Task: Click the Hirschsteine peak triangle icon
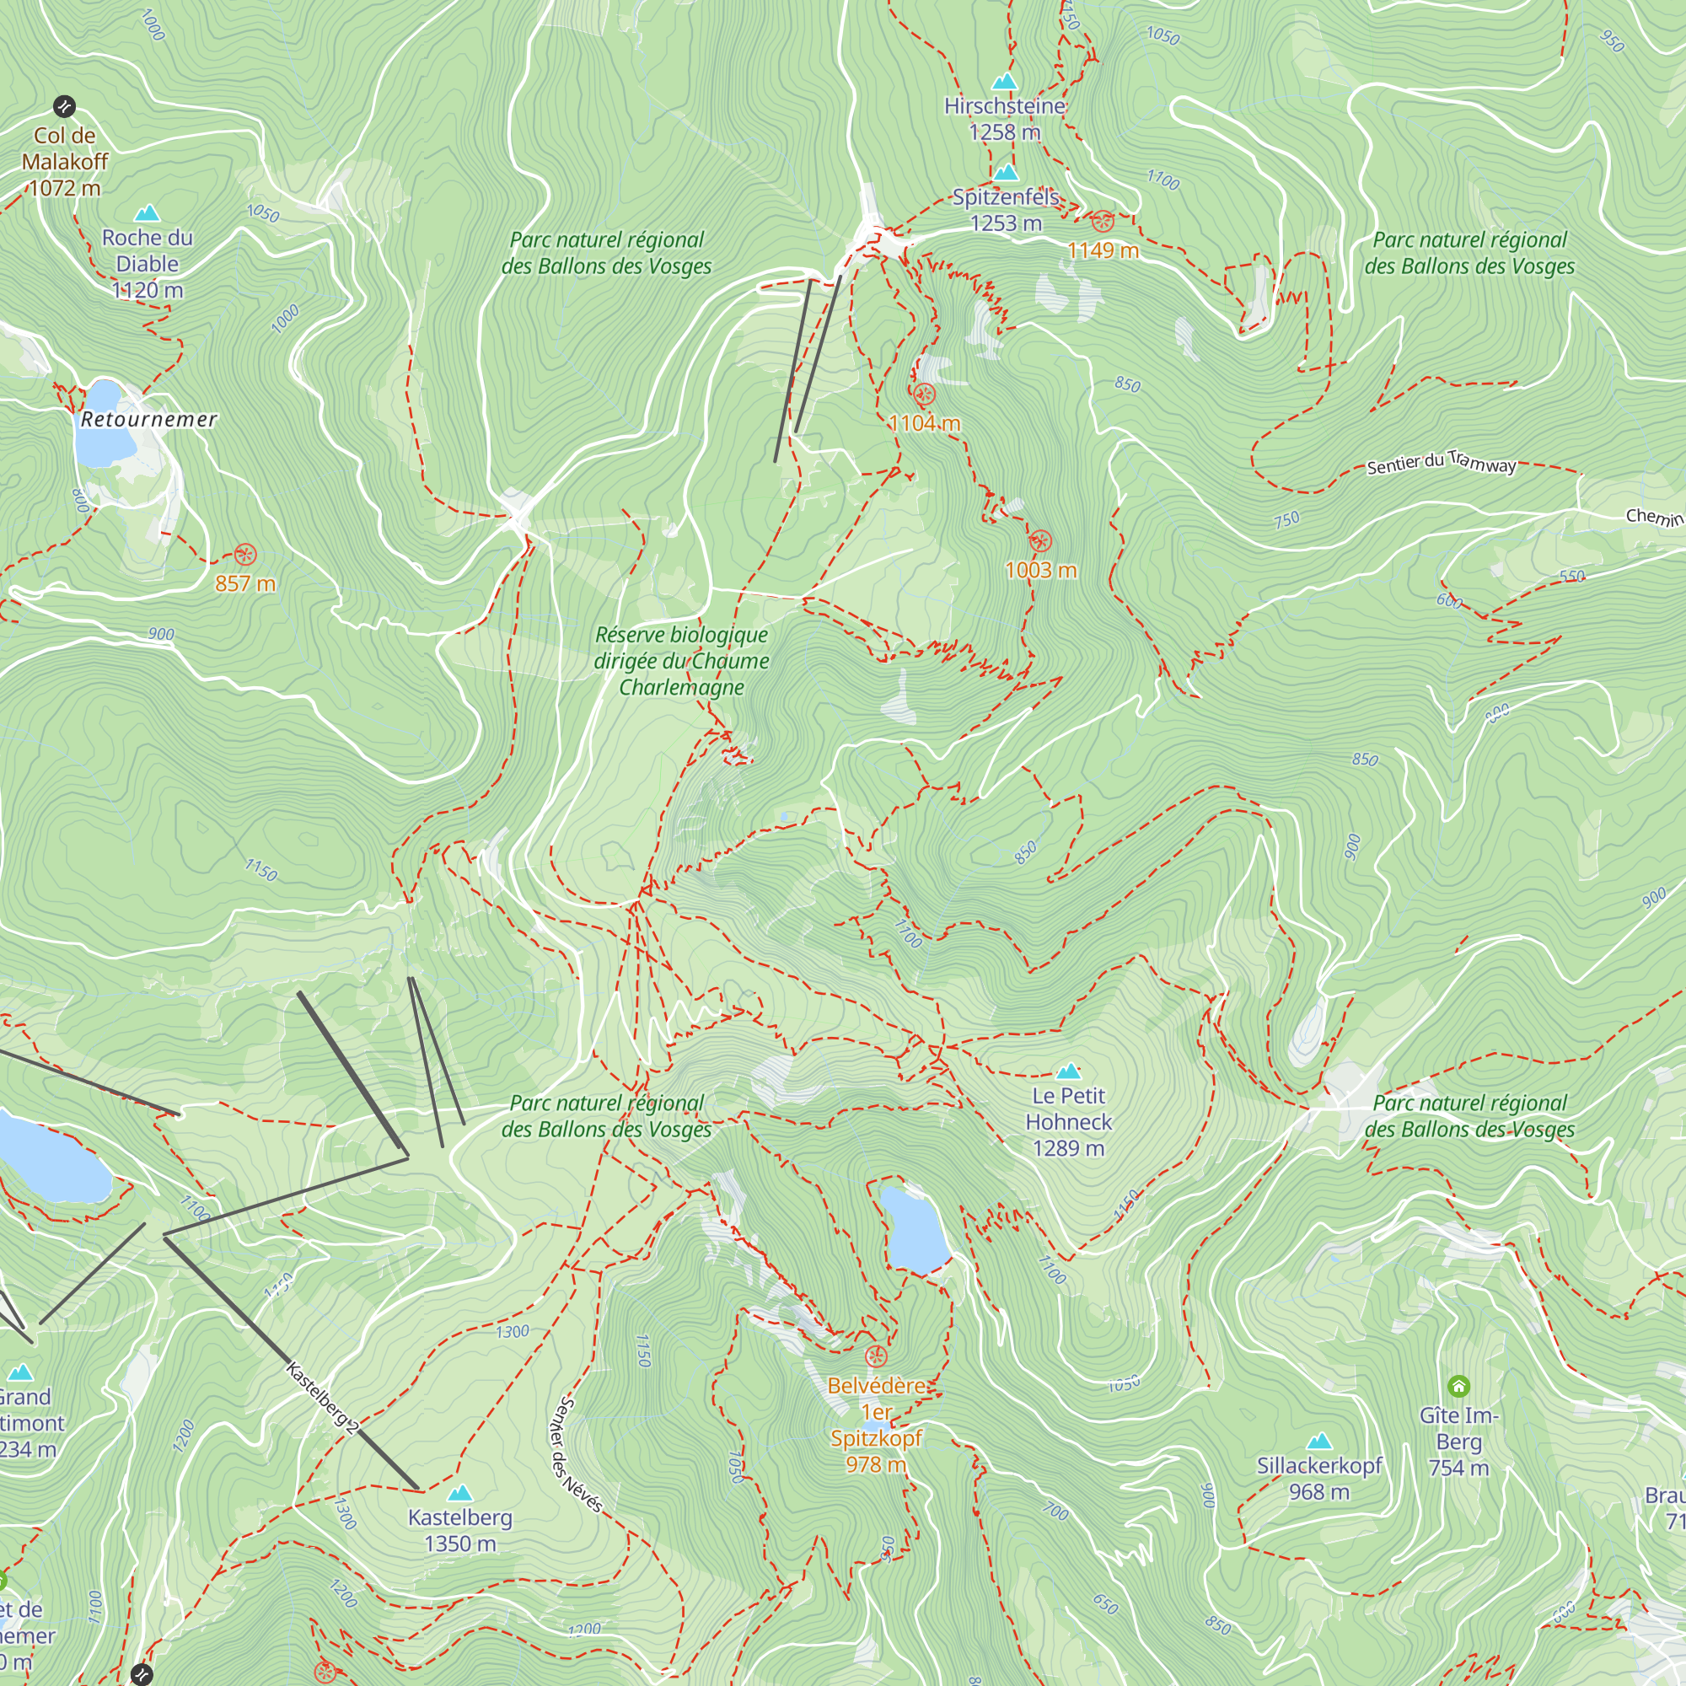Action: click(1005, 82)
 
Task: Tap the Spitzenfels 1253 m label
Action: click(1006, 210)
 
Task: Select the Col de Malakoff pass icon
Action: click(64, 106)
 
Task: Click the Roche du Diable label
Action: click(147, 263)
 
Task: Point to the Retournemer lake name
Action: click(148, 420)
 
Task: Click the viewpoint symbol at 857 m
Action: click(245, 554)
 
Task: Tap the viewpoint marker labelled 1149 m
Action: click(1103, 221)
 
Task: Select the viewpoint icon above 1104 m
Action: click(923, 395)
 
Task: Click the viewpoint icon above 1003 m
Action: click(1039, 541)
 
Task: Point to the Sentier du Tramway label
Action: click(1441, 463)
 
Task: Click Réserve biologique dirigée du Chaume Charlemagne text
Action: click(681, 661)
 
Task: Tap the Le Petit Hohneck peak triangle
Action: click(1068, 1071)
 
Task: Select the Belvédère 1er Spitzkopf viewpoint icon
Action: click(875, 1357)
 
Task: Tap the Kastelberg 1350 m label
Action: click(460, 1530)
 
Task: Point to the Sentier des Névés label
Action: click(576, 1455)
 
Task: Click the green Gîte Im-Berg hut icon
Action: click(1458, 1386)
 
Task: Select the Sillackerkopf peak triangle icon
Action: click(1319, 1441)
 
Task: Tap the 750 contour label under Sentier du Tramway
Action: click(1286, 520)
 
